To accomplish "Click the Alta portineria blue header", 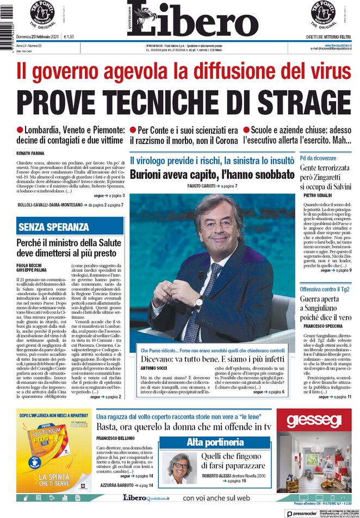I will coord(215,442).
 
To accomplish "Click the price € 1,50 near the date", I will coord(69,37).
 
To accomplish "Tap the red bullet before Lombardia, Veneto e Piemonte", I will coord(20,130).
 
